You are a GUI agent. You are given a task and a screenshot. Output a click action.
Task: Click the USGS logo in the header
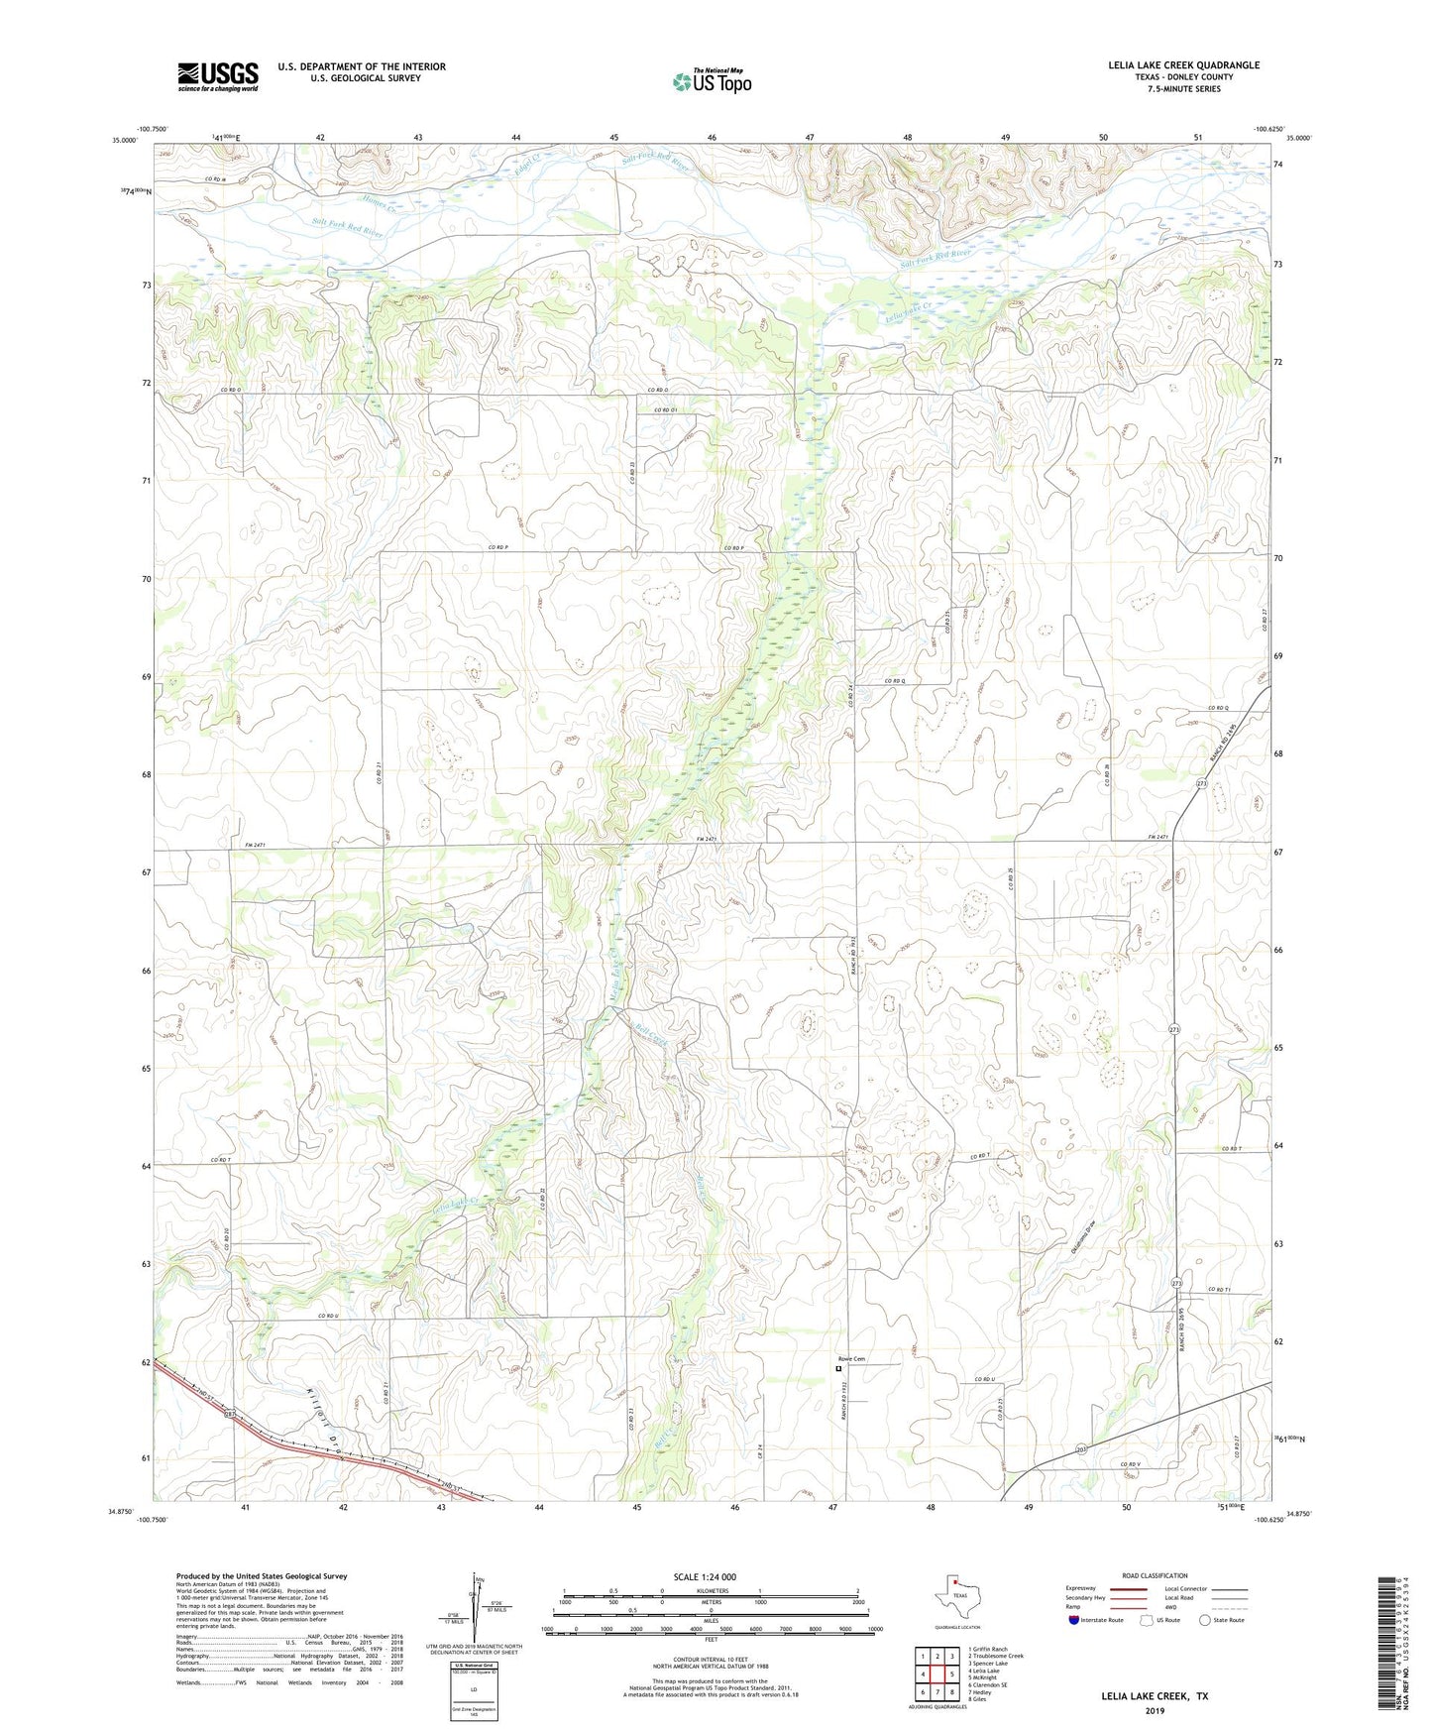click(218, 76)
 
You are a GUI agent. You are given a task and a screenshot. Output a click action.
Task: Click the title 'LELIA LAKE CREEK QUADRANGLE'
click(1183, 65)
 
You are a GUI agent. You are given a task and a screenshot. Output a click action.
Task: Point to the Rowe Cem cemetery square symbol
click(838, 1368)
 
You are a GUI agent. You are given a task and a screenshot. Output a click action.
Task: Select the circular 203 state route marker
click(1081, 1448)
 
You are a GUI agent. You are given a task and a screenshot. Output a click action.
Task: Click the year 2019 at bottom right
click(1154, 1710)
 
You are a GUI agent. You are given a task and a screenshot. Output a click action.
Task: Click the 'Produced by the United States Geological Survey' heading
click(262, 1576)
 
